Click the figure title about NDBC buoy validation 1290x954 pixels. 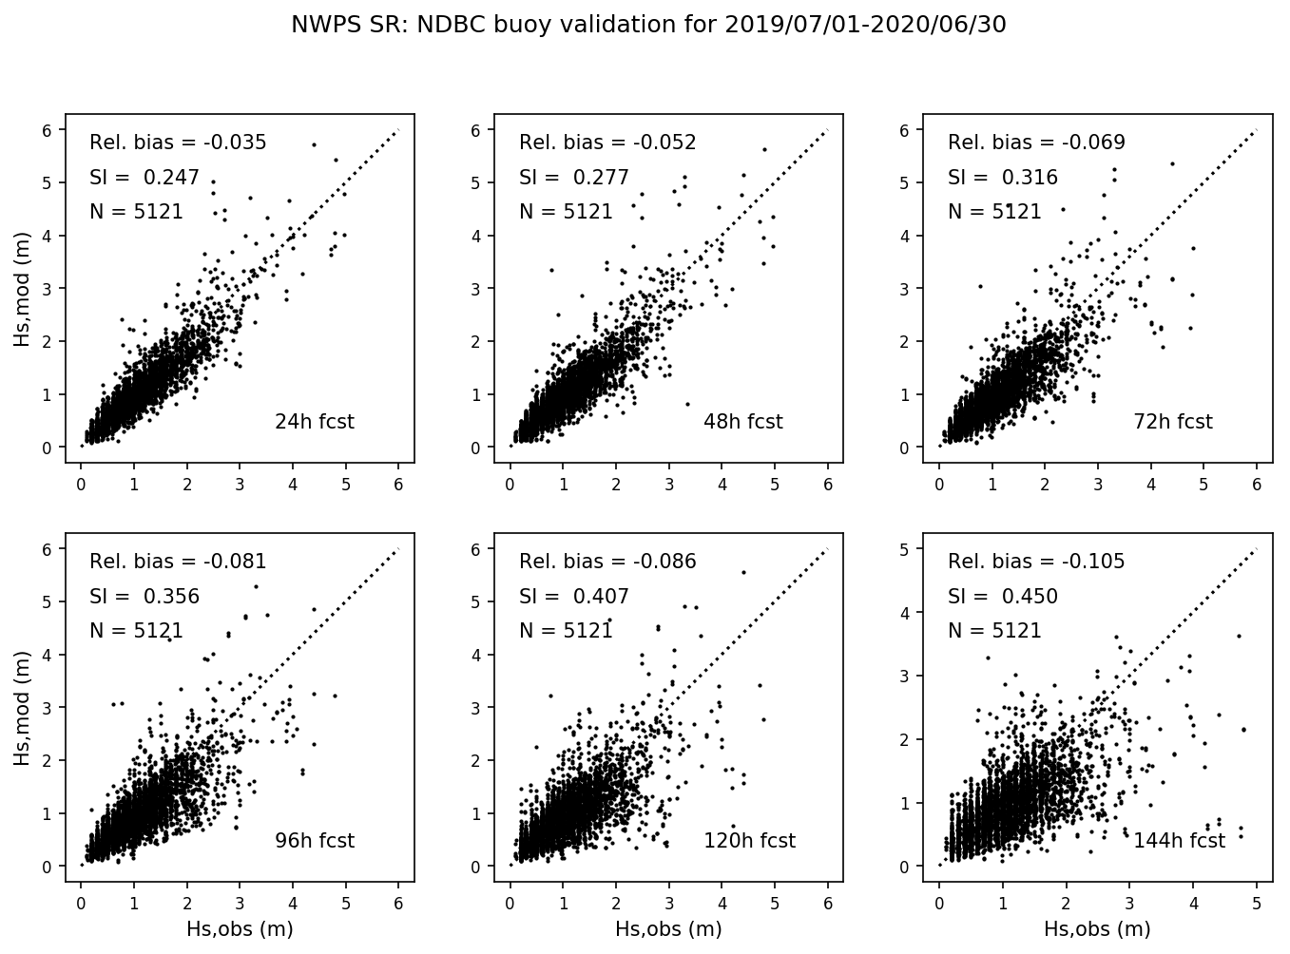point(648,26)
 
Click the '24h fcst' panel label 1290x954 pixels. point(314,422)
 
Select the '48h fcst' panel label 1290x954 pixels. point(742,422)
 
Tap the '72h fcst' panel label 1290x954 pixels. point(1172,422)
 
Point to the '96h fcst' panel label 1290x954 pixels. point(314,841)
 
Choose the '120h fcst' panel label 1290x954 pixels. point(749,841)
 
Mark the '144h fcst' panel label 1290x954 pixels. point(1179,841)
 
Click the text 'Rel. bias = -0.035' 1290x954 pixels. point(178,143)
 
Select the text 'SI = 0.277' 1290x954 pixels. point(573,178)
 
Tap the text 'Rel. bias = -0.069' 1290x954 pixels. point(1036,143)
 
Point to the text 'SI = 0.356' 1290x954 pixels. point(144,597)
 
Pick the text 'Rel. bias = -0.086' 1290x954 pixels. point(607,562)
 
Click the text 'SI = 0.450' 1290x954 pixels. point(1002,597)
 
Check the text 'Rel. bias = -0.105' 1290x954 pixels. point(1036,562)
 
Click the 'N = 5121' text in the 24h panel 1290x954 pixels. point(136,212)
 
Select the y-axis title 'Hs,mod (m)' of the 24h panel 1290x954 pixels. point(22,295)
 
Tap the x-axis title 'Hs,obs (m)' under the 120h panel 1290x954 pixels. point(668,929)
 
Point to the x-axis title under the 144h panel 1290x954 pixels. point(1097,929)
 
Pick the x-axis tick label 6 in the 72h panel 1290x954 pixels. point(1257,485)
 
